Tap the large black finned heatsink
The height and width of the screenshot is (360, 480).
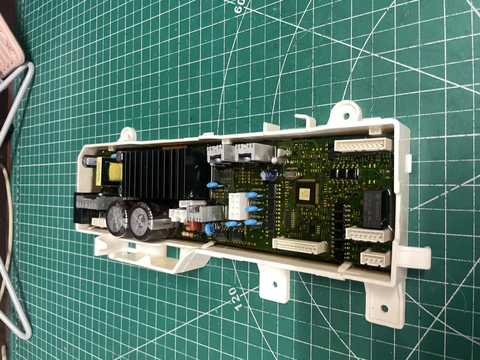pos(154,173)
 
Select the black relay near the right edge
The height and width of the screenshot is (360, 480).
pos(377,207)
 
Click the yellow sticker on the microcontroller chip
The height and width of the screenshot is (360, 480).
pos(305,192)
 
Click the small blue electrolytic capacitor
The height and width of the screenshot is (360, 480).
pos(268,175)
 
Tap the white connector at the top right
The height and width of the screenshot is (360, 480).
pos(363,144)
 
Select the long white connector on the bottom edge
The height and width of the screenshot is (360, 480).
pos(300,245)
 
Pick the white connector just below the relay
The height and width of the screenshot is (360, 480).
pos(368,234)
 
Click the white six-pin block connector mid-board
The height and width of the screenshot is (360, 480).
pos(238,206)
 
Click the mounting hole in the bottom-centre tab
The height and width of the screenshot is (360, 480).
pos(275,284)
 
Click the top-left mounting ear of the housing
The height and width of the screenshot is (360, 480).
pos(127,135)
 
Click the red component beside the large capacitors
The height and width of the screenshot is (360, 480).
pos(194,225)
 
